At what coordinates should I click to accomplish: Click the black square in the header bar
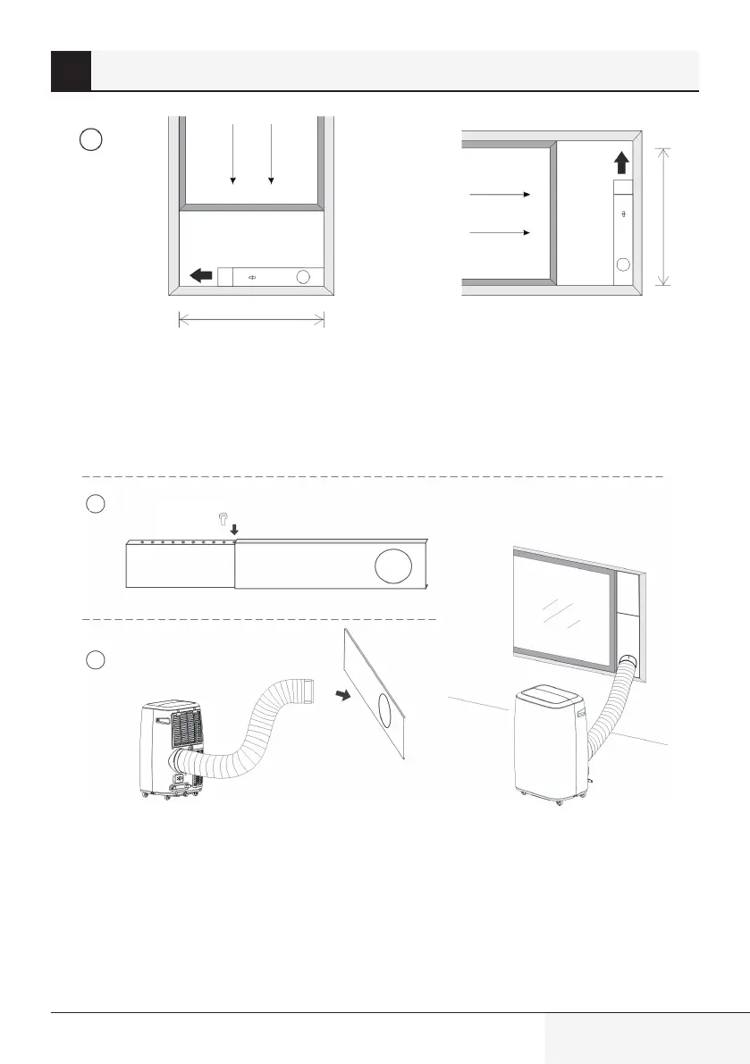tap(71, 71)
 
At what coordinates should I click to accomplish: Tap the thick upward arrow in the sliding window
tap(622, 163)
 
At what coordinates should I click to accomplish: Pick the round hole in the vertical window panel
tap(622, 264)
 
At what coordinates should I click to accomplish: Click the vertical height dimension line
tap(663, 216)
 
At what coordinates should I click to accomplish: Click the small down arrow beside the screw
tap(233, 531)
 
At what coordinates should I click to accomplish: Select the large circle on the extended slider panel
tap(393, 567)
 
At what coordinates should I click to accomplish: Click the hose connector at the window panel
tap(627, 662)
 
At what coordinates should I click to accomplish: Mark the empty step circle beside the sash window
tap(88, 139)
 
